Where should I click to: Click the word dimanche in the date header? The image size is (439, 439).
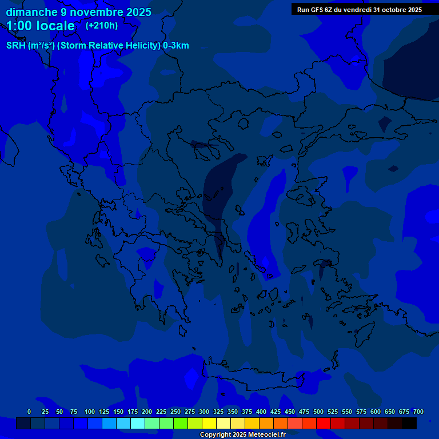click(32, 12)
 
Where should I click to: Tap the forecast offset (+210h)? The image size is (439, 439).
click(102, 25)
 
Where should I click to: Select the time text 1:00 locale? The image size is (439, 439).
click(41, 26)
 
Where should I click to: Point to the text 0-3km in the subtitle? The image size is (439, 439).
click(176, 46)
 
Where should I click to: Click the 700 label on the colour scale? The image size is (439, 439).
click(418, 412)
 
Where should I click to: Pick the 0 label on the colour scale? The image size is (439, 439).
click(29, 412)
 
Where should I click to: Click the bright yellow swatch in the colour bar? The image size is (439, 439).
click(209, 423)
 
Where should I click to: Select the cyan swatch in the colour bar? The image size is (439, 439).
click(138, 423)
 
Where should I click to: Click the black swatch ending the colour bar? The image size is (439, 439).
click(409, 423)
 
